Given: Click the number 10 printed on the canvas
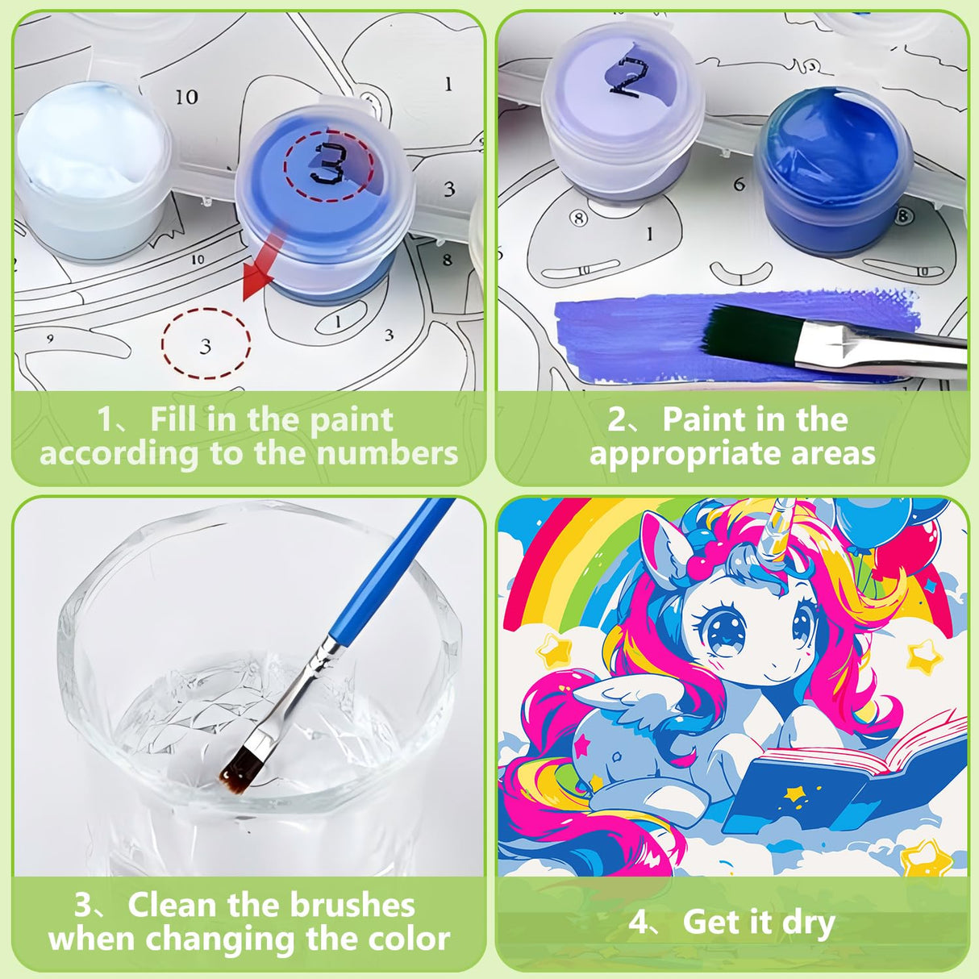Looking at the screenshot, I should click(186, 97).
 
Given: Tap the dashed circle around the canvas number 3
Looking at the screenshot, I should click(206, 345).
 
